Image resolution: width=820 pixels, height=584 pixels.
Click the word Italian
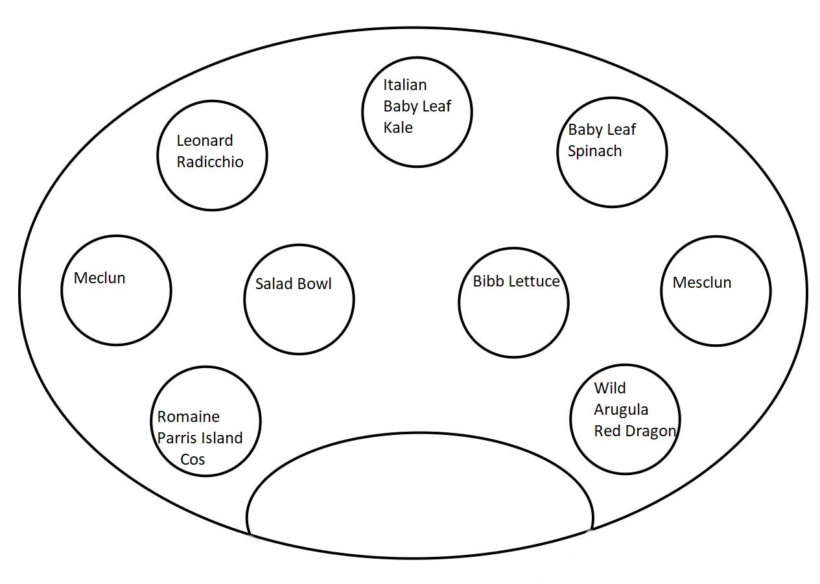(405, 85)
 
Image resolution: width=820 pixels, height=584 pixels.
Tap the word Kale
(398, 128)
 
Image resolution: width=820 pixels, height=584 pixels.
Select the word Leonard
(205, 141)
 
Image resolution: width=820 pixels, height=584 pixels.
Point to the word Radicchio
(210, 162)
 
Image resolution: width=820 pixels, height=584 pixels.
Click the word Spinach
(594, 151)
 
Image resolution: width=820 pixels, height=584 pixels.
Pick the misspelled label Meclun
(100, 278)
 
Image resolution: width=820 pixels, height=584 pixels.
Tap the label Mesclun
(702, 283)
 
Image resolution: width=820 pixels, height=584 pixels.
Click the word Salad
(273, 284)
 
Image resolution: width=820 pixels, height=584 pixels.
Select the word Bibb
(487, 281)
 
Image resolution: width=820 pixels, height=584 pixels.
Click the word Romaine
(188, 417)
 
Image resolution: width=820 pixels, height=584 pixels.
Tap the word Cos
(193, 460)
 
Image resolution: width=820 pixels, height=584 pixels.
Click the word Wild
(610, 388)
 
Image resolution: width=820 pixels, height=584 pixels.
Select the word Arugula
(621, 410)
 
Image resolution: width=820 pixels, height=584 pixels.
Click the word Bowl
(314, 284)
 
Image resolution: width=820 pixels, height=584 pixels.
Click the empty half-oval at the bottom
(420, 434)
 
